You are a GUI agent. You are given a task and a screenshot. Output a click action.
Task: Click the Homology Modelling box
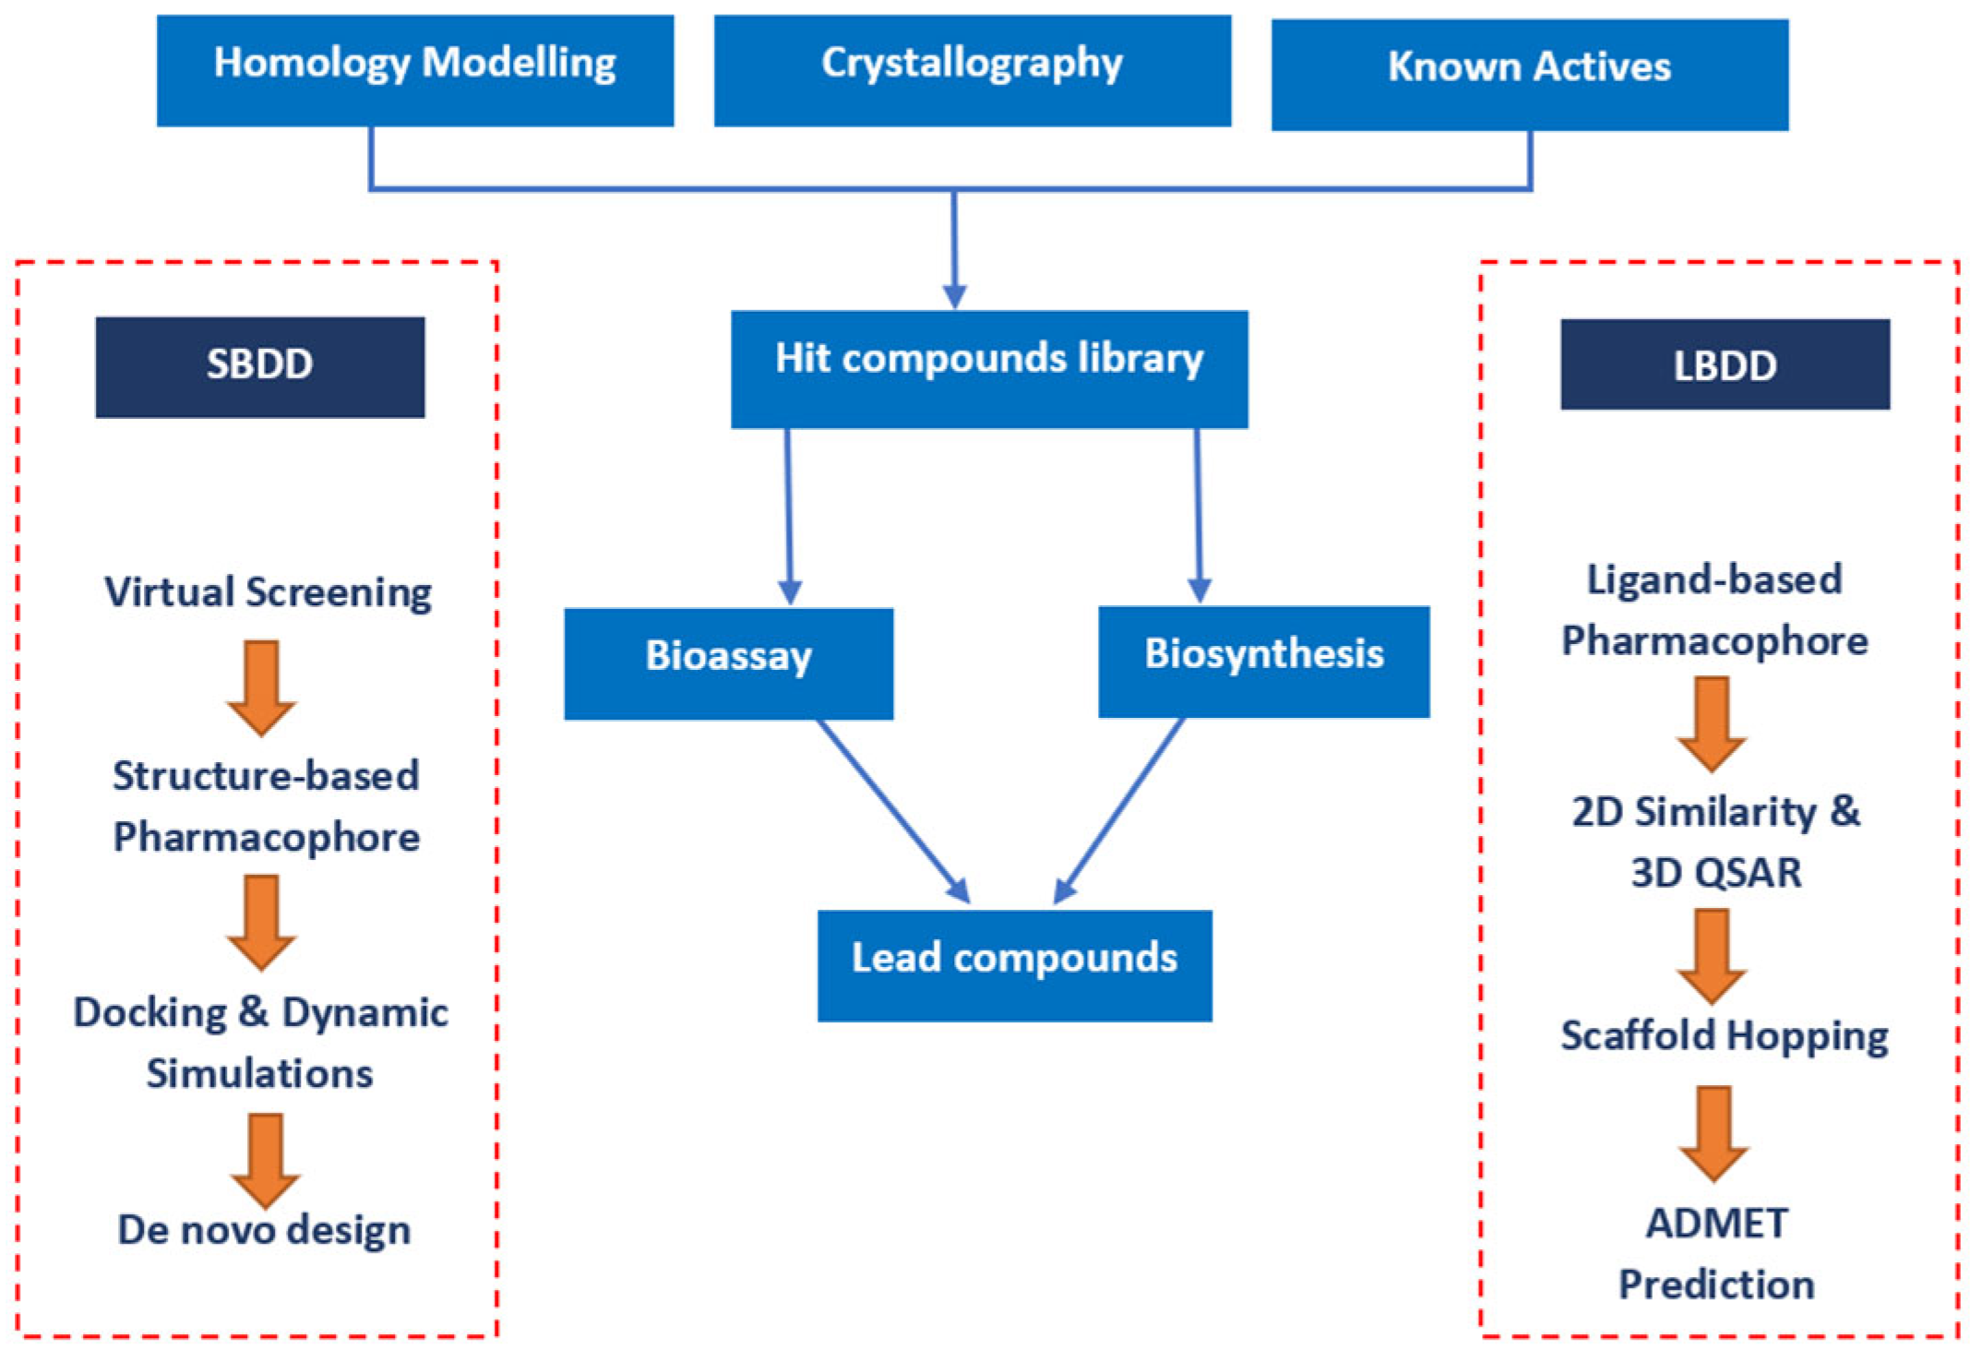[x=414, y=70]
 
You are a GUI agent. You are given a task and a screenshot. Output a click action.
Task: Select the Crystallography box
[x=972, y=70]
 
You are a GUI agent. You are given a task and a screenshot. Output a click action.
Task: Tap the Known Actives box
[x=1529, y=74]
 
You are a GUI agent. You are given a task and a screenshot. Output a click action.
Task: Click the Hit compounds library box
[x=989, y=369]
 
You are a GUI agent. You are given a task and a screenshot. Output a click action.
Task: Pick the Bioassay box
[x=728, y=663]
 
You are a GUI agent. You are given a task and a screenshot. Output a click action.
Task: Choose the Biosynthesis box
[x=1263, y=661]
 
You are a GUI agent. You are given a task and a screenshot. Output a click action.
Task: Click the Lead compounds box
[x=1014, y=964]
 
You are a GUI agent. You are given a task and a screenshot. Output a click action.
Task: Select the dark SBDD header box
[x=259, y=366]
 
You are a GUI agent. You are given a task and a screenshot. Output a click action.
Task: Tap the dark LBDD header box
[x=1724, y=364]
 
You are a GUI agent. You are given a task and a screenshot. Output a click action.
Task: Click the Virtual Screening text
[x=268, y=591]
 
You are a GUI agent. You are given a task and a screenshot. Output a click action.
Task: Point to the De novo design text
[x=264, y=1229]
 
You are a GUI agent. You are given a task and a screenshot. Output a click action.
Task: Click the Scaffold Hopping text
[x=1724, y=1035]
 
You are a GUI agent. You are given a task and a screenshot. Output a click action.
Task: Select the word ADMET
[x=1716, y=1224]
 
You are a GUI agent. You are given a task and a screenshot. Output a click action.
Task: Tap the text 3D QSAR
[x=1715, y=872]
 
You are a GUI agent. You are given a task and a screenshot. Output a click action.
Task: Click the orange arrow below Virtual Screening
[x=262, y=687]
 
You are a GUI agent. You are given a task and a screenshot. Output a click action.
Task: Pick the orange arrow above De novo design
[x=265, y=1159]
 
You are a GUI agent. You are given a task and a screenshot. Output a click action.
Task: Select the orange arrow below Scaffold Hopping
[x=1713, y=1132]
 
